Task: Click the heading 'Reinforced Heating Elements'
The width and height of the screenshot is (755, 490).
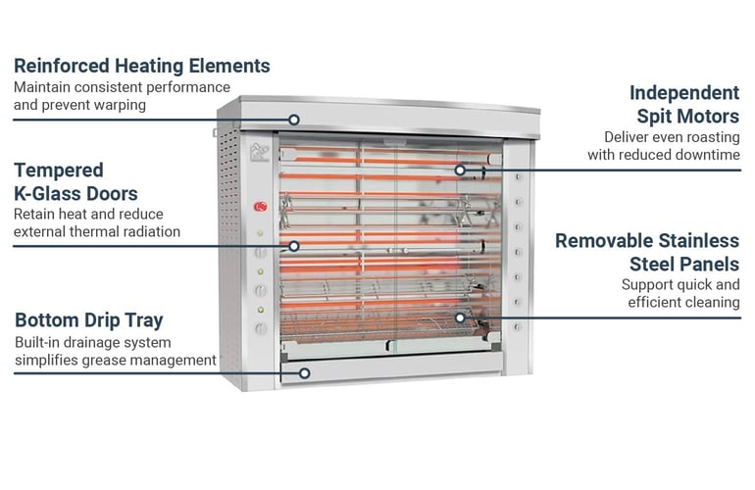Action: tap(141, 67)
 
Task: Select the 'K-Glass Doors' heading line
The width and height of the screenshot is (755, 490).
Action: tap(75, 193)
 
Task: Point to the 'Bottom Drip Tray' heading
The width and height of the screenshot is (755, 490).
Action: tap(89, 320)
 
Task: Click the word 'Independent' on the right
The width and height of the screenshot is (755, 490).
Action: tap(684, 93)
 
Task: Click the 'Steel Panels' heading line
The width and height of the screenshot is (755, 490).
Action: tap(684, 264)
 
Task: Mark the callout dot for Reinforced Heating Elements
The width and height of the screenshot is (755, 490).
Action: tap(295, 120)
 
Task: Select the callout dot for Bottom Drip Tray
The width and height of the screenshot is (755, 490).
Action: tap(306, 372)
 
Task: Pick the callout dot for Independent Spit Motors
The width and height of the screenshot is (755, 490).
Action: tap(459, 170)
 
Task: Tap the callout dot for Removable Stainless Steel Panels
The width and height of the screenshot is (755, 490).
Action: tap(459, 317)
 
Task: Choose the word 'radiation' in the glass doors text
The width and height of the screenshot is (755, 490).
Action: tap(148, 231)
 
